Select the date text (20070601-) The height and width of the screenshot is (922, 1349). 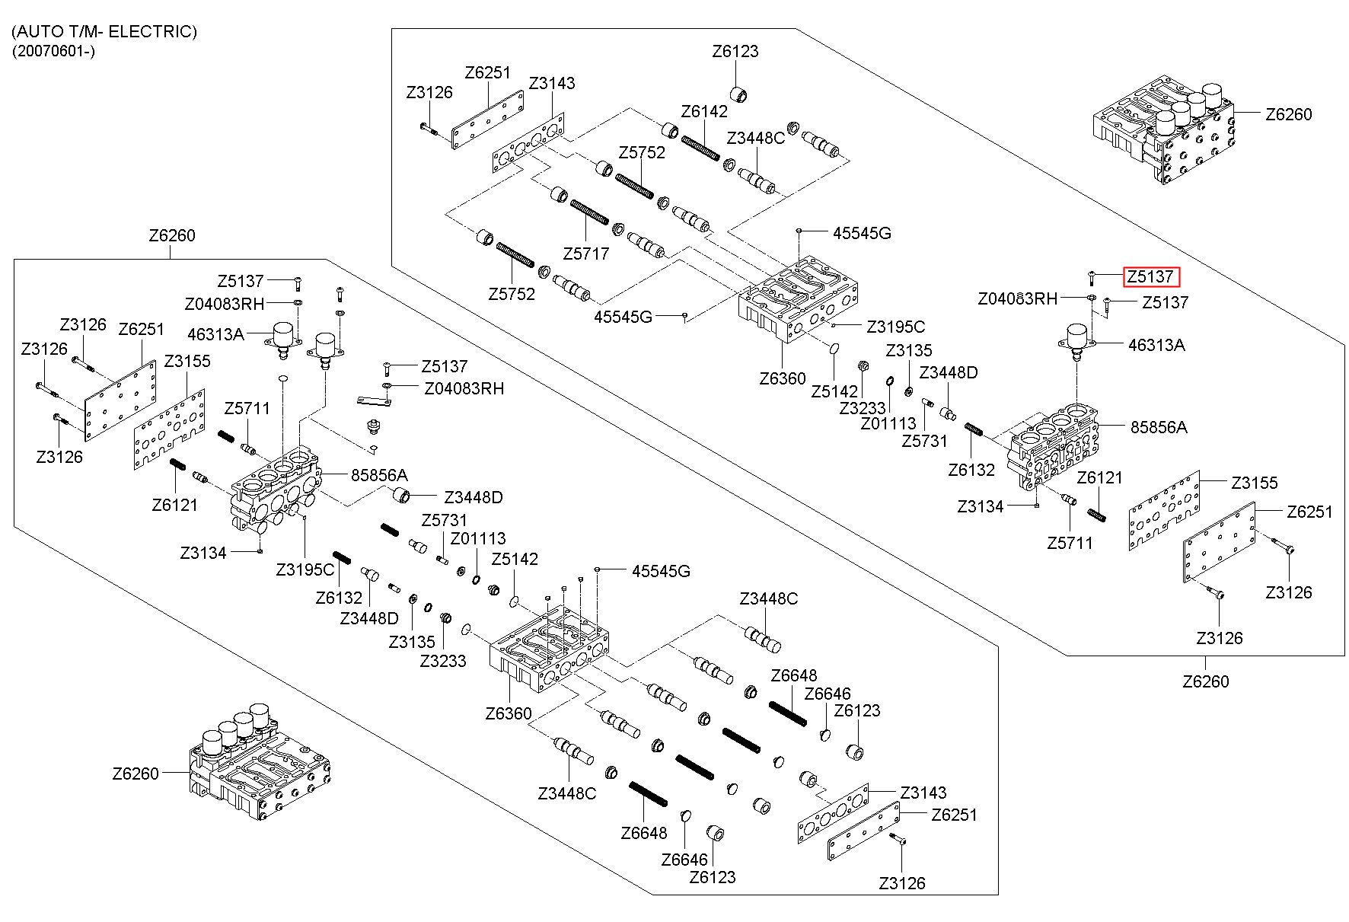[53, 51]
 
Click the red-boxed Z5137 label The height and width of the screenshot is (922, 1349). [1151, 276]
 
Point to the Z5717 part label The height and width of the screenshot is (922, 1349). [585, 253]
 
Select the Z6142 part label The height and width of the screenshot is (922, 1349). [704, 111]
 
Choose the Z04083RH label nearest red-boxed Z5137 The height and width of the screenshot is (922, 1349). [1017, 298]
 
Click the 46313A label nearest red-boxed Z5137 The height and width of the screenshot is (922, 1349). [1156, 345]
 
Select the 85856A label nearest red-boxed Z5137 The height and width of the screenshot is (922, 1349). [1158, 427]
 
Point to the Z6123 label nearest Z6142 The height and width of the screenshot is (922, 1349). [735, 52]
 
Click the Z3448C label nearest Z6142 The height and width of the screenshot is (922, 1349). [755, 139]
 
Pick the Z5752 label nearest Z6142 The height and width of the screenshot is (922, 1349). [642, 152]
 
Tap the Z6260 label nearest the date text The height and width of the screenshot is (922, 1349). [172, 235]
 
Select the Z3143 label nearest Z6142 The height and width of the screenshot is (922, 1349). [552, 83]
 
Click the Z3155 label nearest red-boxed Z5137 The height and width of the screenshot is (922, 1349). [1255, 483]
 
